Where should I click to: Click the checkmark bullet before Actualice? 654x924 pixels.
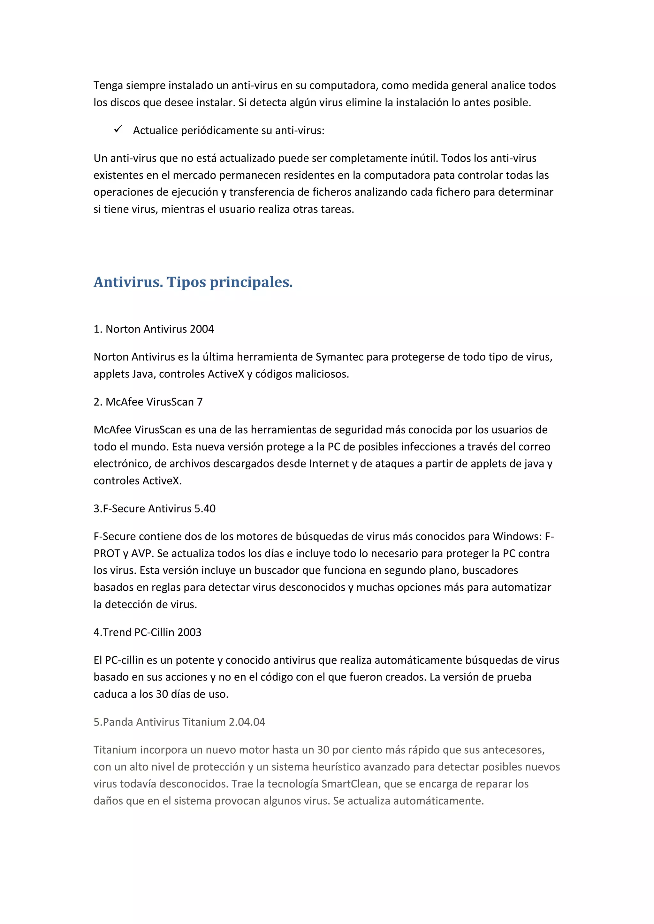(118, 129)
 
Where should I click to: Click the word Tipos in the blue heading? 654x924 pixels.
(186, 282)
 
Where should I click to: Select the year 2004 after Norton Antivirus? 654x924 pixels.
(202, 329)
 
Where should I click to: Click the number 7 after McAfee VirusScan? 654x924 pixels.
(200, 402)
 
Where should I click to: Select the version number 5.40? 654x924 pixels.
(205, 509)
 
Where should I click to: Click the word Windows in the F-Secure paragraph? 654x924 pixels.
(517, 536)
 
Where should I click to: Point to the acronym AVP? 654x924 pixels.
(141, 553)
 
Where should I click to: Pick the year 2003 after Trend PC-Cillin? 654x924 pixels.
(189, 632)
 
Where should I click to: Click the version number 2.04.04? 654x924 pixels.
(247, 722)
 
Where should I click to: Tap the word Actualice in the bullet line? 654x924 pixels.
(156, 130)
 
